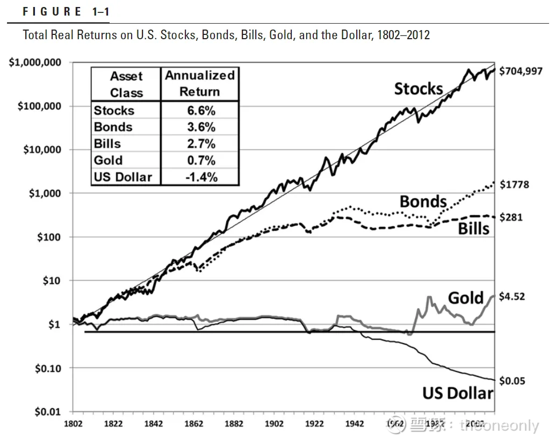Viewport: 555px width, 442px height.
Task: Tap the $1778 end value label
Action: coord(514,185)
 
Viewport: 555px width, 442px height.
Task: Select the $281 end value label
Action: coord(511,218)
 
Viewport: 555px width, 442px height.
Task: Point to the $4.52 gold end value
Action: coord(513,296)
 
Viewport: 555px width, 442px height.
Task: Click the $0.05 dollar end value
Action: coord(513,381)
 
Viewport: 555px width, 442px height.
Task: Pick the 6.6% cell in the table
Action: coord(199,111)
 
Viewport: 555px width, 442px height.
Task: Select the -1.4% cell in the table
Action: coord(199,177)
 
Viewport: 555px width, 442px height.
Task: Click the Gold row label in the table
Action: coord(108,160)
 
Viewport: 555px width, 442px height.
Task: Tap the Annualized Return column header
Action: coord(199,83)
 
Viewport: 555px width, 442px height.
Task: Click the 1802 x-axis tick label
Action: coord(73,424)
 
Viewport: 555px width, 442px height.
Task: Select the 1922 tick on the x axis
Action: coord(315,424)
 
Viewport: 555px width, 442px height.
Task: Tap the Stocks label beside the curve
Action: coord(419,89)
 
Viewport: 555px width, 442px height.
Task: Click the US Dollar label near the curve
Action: coord(457,393)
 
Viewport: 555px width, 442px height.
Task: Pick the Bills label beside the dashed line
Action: coord(474,229)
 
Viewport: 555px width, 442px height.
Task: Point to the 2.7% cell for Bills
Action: coord(199,143)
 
